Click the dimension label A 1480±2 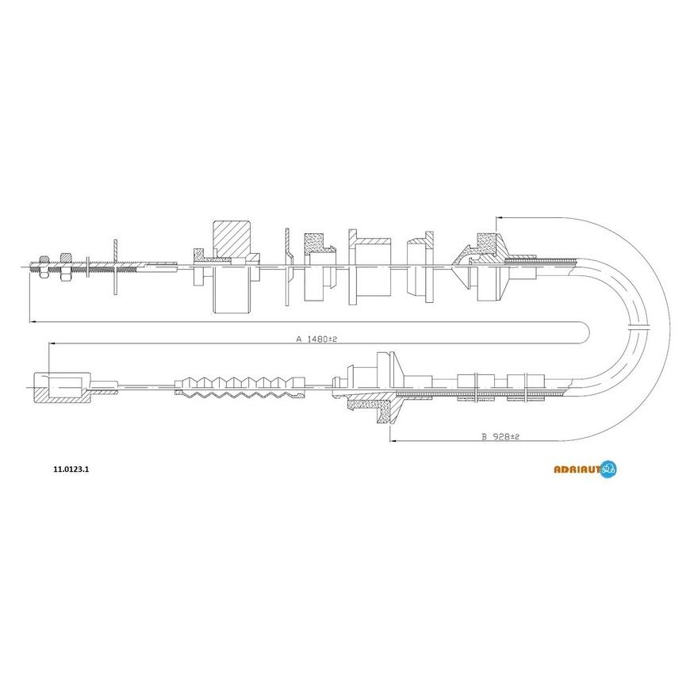[316, 339]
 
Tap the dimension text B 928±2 [500, 436]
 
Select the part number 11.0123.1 [71, 469]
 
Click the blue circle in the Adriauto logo [608, 469]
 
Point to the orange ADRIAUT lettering [577, 470]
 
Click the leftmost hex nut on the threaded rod [44, 266]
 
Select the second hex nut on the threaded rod [66, 266]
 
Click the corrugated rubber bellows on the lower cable [240, 387]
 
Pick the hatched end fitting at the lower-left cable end [63, 387]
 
